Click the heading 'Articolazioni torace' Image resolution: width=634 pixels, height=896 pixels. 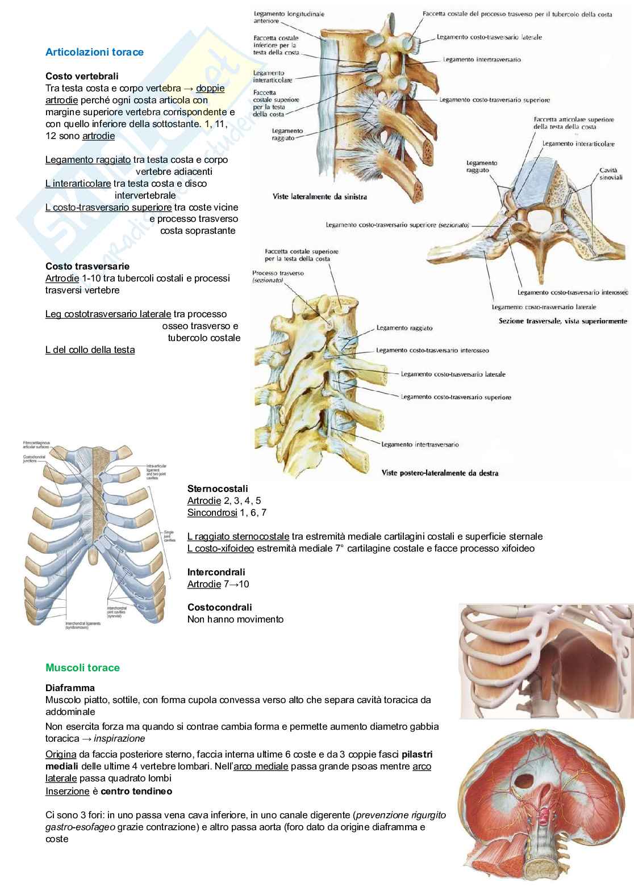coord(94,52)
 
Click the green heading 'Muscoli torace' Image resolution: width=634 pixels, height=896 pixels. coord(82,668)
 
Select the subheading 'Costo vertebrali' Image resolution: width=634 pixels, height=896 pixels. coord(82,76)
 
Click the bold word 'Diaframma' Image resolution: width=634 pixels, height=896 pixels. coord(70,688)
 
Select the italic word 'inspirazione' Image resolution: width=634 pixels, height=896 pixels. coord(119,738)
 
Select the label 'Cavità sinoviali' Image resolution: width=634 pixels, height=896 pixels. coord(611,174)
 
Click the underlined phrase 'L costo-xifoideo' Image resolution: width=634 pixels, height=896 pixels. coord(220,549)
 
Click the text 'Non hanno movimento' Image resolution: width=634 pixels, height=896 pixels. coord(235,619)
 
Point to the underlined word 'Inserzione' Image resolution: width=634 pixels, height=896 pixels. coord(67,790)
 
